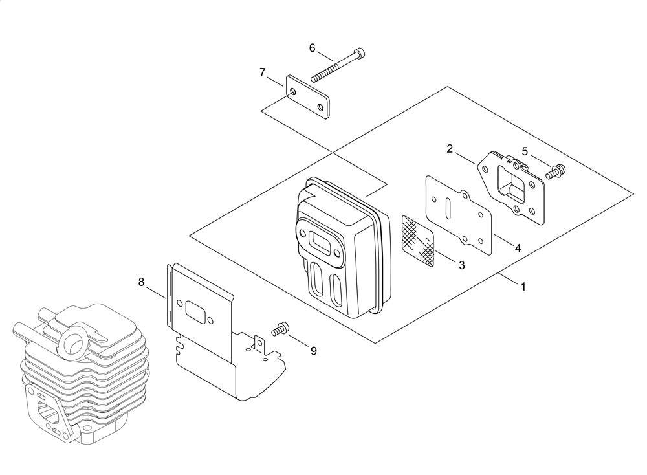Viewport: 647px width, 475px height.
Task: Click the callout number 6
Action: (x=313, y=49)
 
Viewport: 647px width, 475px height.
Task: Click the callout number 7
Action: (x=263, y=72)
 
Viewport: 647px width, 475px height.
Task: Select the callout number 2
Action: (x=450, y=149)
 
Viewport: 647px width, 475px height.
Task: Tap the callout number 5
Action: (x=525, y=151)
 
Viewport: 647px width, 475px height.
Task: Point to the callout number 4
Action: (x=518, y=248)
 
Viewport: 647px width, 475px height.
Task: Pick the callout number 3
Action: (x=462, y=265)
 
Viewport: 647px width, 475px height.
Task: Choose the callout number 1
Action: (x=523, y=287)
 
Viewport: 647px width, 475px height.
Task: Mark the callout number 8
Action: (x=141, y=282)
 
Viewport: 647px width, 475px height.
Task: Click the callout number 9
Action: (x=314, y=351)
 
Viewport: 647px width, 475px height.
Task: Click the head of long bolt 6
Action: (x=360, y=52)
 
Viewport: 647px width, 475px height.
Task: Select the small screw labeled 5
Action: (x=555, y=171)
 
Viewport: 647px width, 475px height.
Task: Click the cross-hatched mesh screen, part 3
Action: (x=418, y=240)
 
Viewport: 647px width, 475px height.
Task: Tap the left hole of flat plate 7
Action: (x=293, y=91)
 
